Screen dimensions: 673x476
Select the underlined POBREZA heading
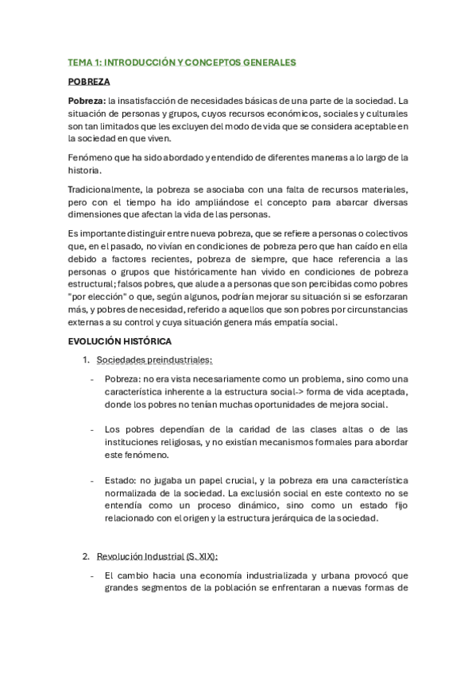click(x=89, y=81)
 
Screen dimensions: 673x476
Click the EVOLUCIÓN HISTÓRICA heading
click(x=120, y=341)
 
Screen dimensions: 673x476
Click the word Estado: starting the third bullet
click(x=120, y=481)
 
